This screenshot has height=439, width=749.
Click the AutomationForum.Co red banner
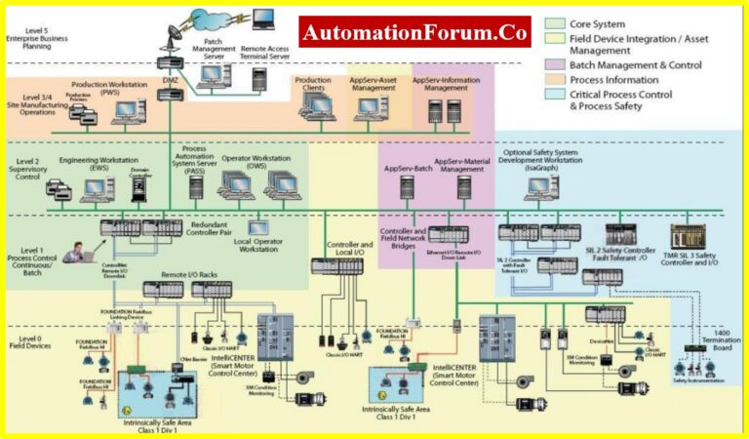414,32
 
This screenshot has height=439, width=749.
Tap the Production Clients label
314,85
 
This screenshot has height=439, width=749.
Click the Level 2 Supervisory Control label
28,169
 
